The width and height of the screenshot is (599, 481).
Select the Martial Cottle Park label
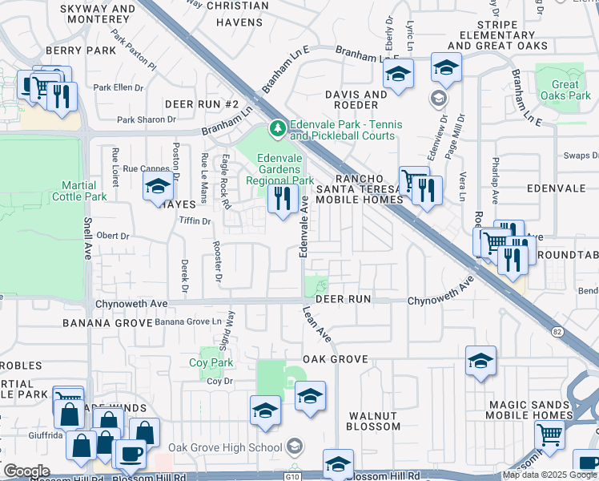(x=79, y=191)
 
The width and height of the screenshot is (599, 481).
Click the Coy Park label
(x=211, y=362)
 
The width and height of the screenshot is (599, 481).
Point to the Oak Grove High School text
(x=226, y=447)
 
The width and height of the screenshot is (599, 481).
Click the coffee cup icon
(x=130, y=452)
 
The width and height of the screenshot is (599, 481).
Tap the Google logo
(x=26, y=471)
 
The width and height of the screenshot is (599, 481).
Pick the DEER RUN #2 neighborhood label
(x=202, y=105)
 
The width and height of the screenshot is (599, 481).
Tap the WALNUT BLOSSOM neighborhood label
(x=373, y=421)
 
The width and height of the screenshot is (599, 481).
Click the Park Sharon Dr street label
(x=146, y=119)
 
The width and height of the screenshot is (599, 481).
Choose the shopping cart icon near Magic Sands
(x=549, y=435)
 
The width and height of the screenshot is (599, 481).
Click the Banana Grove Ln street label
(x=187, y=321)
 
